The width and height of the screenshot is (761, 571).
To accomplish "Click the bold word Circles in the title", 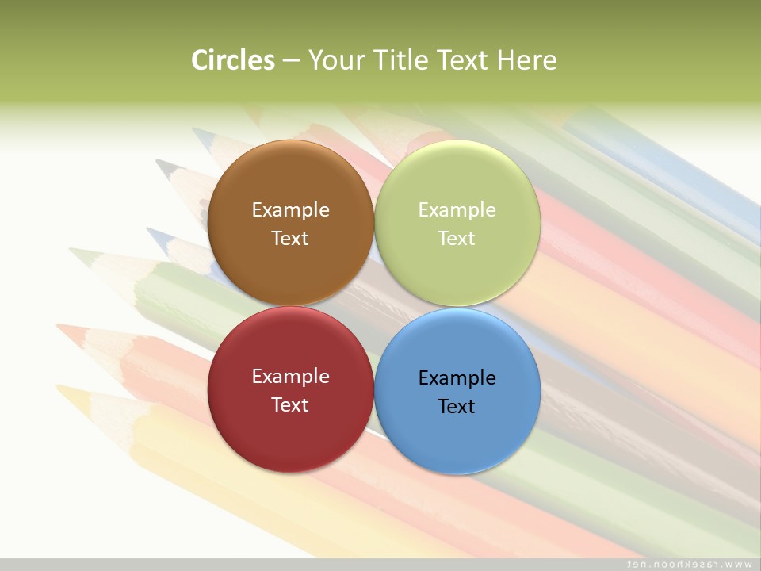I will (x=232, y=60).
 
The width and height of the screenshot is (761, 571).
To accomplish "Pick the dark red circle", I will (x=290, y=433).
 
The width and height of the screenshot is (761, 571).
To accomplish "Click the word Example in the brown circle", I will (x=290, y=210).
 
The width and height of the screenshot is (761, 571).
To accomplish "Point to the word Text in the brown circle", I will (x=290, y=239).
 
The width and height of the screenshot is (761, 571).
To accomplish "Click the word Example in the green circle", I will (x=457, y=210).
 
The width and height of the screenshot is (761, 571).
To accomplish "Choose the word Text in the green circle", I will (x=457, y=239).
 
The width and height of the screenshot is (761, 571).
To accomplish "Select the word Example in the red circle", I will (x=290, y=377).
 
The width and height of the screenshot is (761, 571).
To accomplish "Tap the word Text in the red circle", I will (x=290, y=405).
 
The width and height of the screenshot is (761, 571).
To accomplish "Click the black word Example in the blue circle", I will (x=457, y=378).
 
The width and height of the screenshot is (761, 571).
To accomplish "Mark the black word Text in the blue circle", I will (x=457, y=407).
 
